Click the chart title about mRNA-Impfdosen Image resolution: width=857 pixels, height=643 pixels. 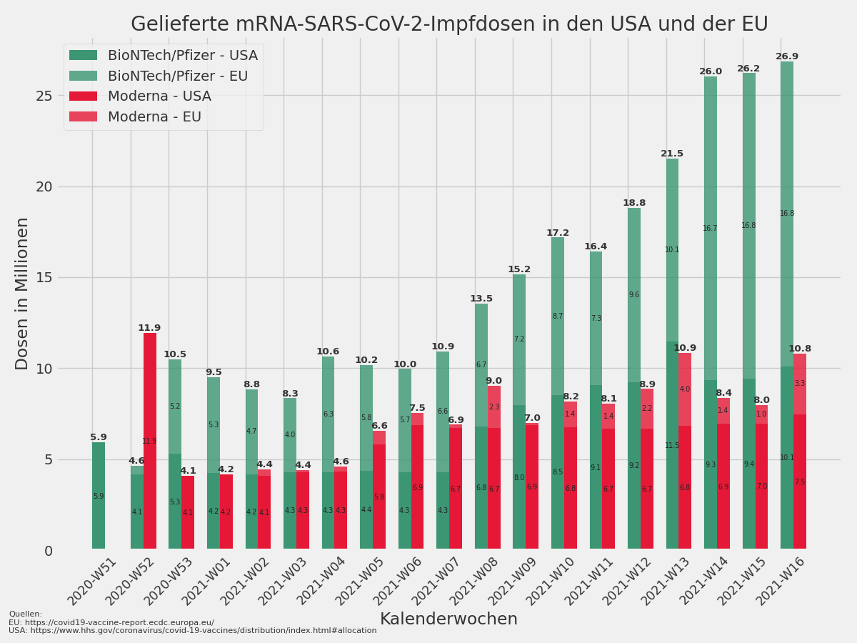tap(449, 25)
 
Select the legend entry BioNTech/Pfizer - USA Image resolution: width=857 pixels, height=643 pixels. tap(182, 56)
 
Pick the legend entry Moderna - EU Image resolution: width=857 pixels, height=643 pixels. tap(154, 116)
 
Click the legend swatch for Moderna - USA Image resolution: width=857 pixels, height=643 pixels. tap(83, 96)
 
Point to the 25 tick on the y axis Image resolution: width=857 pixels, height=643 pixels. tap(44, 96)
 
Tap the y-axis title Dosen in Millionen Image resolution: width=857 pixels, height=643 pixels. tap(23, 294)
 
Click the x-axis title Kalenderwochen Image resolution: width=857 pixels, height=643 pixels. tap(448, 619)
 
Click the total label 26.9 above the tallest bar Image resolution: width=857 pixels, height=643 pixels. tap(787, 56)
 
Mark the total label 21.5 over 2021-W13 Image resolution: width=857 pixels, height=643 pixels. tap(672, 154)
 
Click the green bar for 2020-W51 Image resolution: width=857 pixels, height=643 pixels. tap(99, 496)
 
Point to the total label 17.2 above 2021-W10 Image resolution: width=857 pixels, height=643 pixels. tap(558, 233)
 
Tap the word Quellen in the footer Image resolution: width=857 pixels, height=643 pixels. tap(26, 614)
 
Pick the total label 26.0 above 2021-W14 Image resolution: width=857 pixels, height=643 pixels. tap(711, 71)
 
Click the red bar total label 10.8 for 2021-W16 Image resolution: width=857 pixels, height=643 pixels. tap(800, 349)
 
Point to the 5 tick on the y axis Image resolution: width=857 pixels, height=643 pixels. tap(48, 459)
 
